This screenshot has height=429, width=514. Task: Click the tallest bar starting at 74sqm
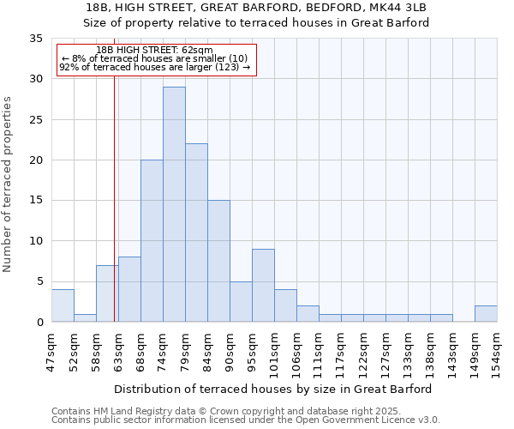pyautogui.click(x=174, y=204)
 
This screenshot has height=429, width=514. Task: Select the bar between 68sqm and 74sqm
pyautogui.click(x=152, y=241)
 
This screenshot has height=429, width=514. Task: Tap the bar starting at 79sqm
pyautogui.click(x=196, y=233)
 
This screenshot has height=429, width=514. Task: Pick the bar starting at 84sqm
pyautogui.click(x=218, y=261)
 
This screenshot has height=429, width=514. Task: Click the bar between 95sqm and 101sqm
pyautogui.click(x=263, y=286)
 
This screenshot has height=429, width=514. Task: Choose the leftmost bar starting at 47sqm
pyautogui.click(x=63, y=306)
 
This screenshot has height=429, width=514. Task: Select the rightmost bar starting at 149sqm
pyautogui.click(x=486, y=314)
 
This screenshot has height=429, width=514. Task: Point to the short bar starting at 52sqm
pyautogui.click(x=85, y=318)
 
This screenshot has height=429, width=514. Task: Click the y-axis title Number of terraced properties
pyautogui.click(x=9, y=184)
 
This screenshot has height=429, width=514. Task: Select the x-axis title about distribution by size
pyautogui.click(x=272, y=389)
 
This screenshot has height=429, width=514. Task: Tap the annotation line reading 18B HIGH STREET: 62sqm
pyautogui.click(x=154, y=51)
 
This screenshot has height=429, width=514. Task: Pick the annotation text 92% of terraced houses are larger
pyautogui.click(x=154, y=67)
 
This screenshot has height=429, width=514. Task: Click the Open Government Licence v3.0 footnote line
pyautogui.click(x=246, y=420)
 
